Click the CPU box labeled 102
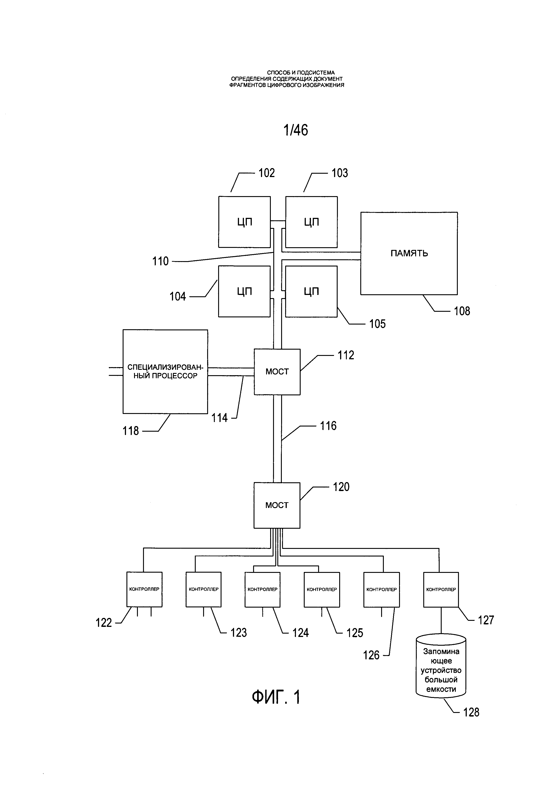(x=244, y=222)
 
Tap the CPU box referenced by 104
(x=244, y=291)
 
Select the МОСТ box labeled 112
(x=277, y=372)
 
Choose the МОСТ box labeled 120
(x=277, y=505)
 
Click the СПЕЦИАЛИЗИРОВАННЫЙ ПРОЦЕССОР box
(x=165, y=372)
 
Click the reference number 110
(x=160, y=262)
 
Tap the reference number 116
(x=328, y=426)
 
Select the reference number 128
(x=471, y=712)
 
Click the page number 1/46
(x=295, y=130)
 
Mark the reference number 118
(x=131, y=431)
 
